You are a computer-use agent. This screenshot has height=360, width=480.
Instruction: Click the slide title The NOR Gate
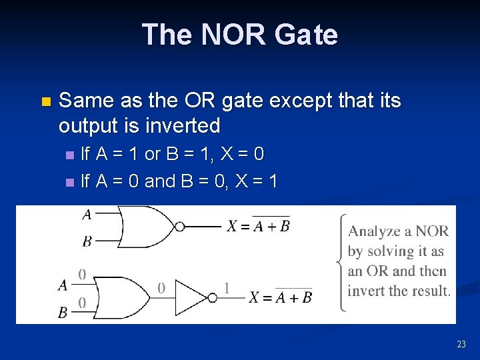coord(240,35)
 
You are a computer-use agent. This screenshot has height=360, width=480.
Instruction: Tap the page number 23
coord(461,344)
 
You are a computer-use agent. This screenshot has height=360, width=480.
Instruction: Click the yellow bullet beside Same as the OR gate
coord(45,102)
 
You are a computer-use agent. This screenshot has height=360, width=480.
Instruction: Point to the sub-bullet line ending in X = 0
coord(172,154)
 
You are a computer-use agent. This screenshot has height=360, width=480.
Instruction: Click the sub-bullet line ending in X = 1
coord(179,181)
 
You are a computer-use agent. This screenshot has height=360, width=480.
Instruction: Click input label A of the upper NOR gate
coord(87,215)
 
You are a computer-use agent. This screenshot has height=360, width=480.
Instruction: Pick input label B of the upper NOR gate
coord(87,241)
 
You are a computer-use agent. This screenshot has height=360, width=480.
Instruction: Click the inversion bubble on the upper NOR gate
coord(179,227)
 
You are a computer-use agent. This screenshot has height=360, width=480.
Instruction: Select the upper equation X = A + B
coord(258,225)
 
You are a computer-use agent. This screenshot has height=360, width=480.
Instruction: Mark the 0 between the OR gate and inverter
coord(161,288)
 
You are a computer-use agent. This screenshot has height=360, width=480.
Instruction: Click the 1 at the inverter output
coord(227,288)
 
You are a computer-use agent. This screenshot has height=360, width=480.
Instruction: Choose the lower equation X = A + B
coord(280,297)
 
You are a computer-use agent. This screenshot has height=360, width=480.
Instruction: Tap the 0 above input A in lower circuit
coord(82,274)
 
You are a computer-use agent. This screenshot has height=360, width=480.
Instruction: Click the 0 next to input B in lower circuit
coord(82,303)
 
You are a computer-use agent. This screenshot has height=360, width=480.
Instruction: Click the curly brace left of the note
coord(340,262)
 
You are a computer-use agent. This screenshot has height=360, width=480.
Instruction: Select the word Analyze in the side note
coord(373,232)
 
